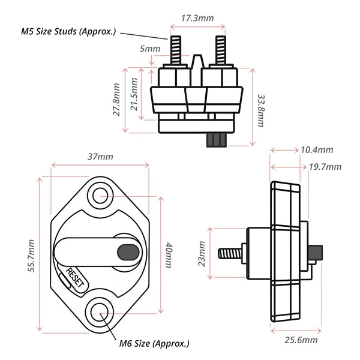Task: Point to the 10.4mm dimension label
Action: pyautogui.click(x=317, y=150)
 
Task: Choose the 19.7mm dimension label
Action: pyautogui.click(x=325, y=167)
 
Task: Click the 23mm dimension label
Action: pyautogui.click(x=202, y=253)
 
